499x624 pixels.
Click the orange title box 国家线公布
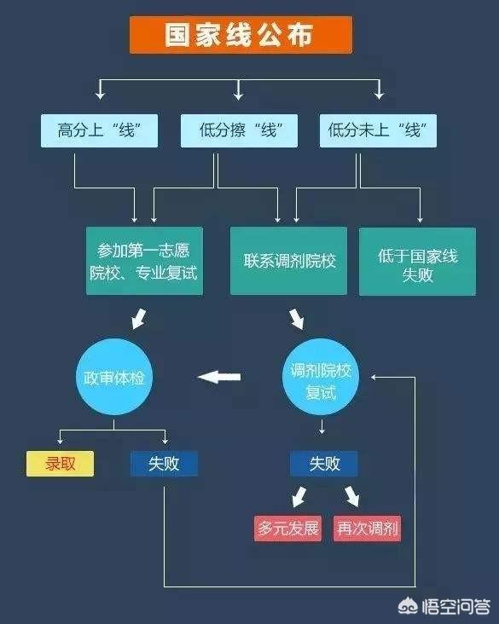click(x=241, y=35)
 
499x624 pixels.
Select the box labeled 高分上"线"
click(x=99, y=130)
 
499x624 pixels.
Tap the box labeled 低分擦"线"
click(x=239, y=130)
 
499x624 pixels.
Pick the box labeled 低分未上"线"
click(x=378, y=130)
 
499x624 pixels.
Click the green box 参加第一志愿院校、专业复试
click(x=144, y=261)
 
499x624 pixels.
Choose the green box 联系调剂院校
click(x=288, y=261)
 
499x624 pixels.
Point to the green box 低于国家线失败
click(x=417, y=262)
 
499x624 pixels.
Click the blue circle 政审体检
click(x=114, y=377)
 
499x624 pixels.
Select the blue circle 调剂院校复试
click(x=321, y=377)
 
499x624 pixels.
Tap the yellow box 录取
click(x=60, y=464)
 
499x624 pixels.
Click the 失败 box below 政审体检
click(x=164, y=464)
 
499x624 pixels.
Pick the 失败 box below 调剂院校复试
click(x=323, y=464)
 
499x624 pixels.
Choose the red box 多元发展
click(x=288, y=529)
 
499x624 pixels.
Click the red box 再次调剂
click(x=367, y=529)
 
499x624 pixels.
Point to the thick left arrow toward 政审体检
click(x=219, y=377)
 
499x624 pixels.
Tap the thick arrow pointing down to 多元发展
click(x=299, y=496)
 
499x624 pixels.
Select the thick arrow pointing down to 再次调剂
click(x=352, y=496)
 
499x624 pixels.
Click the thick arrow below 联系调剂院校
click(x=297, y=319)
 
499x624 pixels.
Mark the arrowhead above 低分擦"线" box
click(x=239, y=95)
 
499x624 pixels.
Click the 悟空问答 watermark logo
click(x=444, y=606)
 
